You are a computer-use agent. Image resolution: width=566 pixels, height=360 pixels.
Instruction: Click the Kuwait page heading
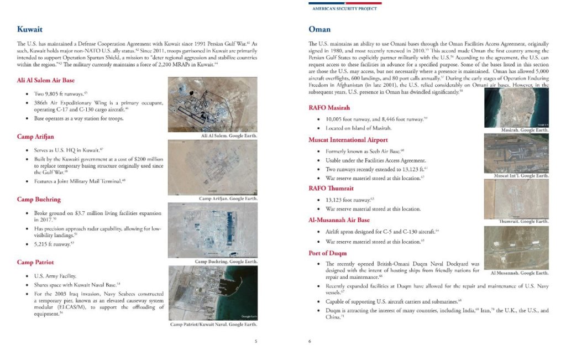pyautogui.click(x=30, y=29)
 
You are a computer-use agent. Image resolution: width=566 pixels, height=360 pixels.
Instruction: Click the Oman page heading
pyautogui.click(x=319, y=29)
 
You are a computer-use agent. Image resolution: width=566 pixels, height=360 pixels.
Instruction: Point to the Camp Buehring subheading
pyautogui.click(x=39, y=199)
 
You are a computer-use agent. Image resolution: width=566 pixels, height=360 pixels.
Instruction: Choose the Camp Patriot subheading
pyautogui.click(x=35, y=262)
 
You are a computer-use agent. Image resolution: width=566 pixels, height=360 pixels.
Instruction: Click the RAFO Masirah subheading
pyautogui.click(x=330, y=107)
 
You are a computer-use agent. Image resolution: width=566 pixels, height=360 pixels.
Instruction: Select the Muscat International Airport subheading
pyautogui.click(x=348, y=140)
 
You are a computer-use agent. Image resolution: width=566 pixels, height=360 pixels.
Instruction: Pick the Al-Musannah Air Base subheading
pyautogui.click(x=339, y=220)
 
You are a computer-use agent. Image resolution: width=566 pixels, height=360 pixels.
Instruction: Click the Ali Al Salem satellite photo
pyautogui.click(x=212, y=104)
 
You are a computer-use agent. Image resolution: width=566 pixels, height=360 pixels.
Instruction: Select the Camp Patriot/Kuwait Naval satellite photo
pyautogui.click(x=212, y=293)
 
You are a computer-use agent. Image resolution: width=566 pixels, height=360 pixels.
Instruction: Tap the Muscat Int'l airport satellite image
pyautogui.click(x=516, y=153)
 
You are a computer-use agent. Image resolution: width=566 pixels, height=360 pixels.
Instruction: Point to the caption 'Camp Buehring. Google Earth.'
pyautogui.click(x=226, y=261)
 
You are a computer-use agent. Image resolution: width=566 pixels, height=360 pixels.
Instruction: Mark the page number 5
pyautogui.click(x=256, y=341)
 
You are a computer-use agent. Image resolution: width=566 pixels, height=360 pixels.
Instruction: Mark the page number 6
pyautogui.click(x=310, y=341)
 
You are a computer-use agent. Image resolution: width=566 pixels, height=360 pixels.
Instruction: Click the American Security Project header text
pyautogui.click(x=344, y=9)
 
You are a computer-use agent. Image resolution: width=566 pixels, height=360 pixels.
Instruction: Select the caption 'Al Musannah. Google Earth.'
pyautogui.click(x=520, y=273)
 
